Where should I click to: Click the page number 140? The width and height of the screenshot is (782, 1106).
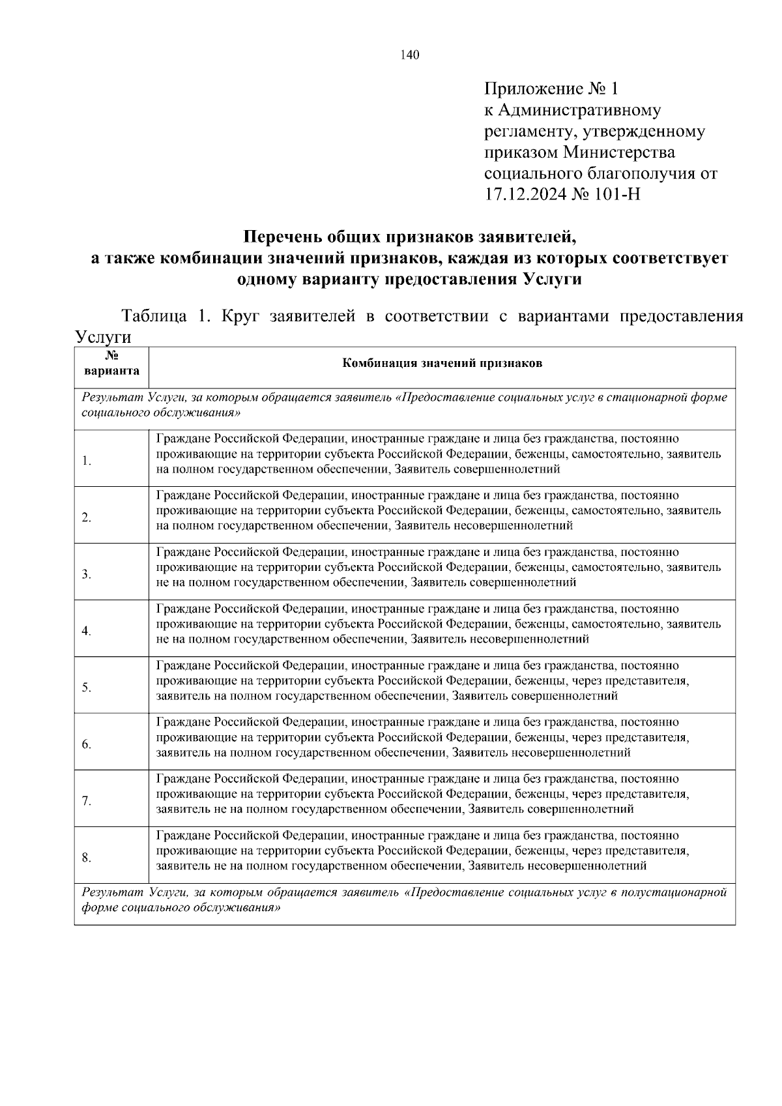[411, 55]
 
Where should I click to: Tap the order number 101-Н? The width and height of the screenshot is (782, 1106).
[616, 194]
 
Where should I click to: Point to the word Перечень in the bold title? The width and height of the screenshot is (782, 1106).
[283, 236]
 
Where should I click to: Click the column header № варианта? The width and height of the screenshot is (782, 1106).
[111, 364]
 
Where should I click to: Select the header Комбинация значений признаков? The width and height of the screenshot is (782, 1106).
[442, 364]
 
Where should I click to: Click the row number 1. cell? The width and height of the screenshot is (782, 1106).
[86, 461]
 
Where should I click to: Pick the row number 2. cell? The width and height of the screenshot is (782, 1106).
[86, 518]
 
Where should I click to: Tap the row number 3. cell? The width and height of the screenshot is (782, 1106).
[86, 575]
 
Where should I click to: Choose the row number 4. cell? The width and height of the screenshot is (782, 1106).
[86, 632]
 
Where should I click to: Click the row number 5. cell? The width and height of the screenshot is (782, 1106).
[86, 688]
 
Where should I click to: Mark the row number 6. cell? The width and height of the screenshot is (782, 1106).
[86, 745]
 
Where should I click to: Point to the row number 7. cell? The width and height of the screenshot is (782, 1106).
[86, 802]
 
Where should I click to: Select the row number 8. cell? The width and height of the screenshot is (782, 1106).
[86, 858]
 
